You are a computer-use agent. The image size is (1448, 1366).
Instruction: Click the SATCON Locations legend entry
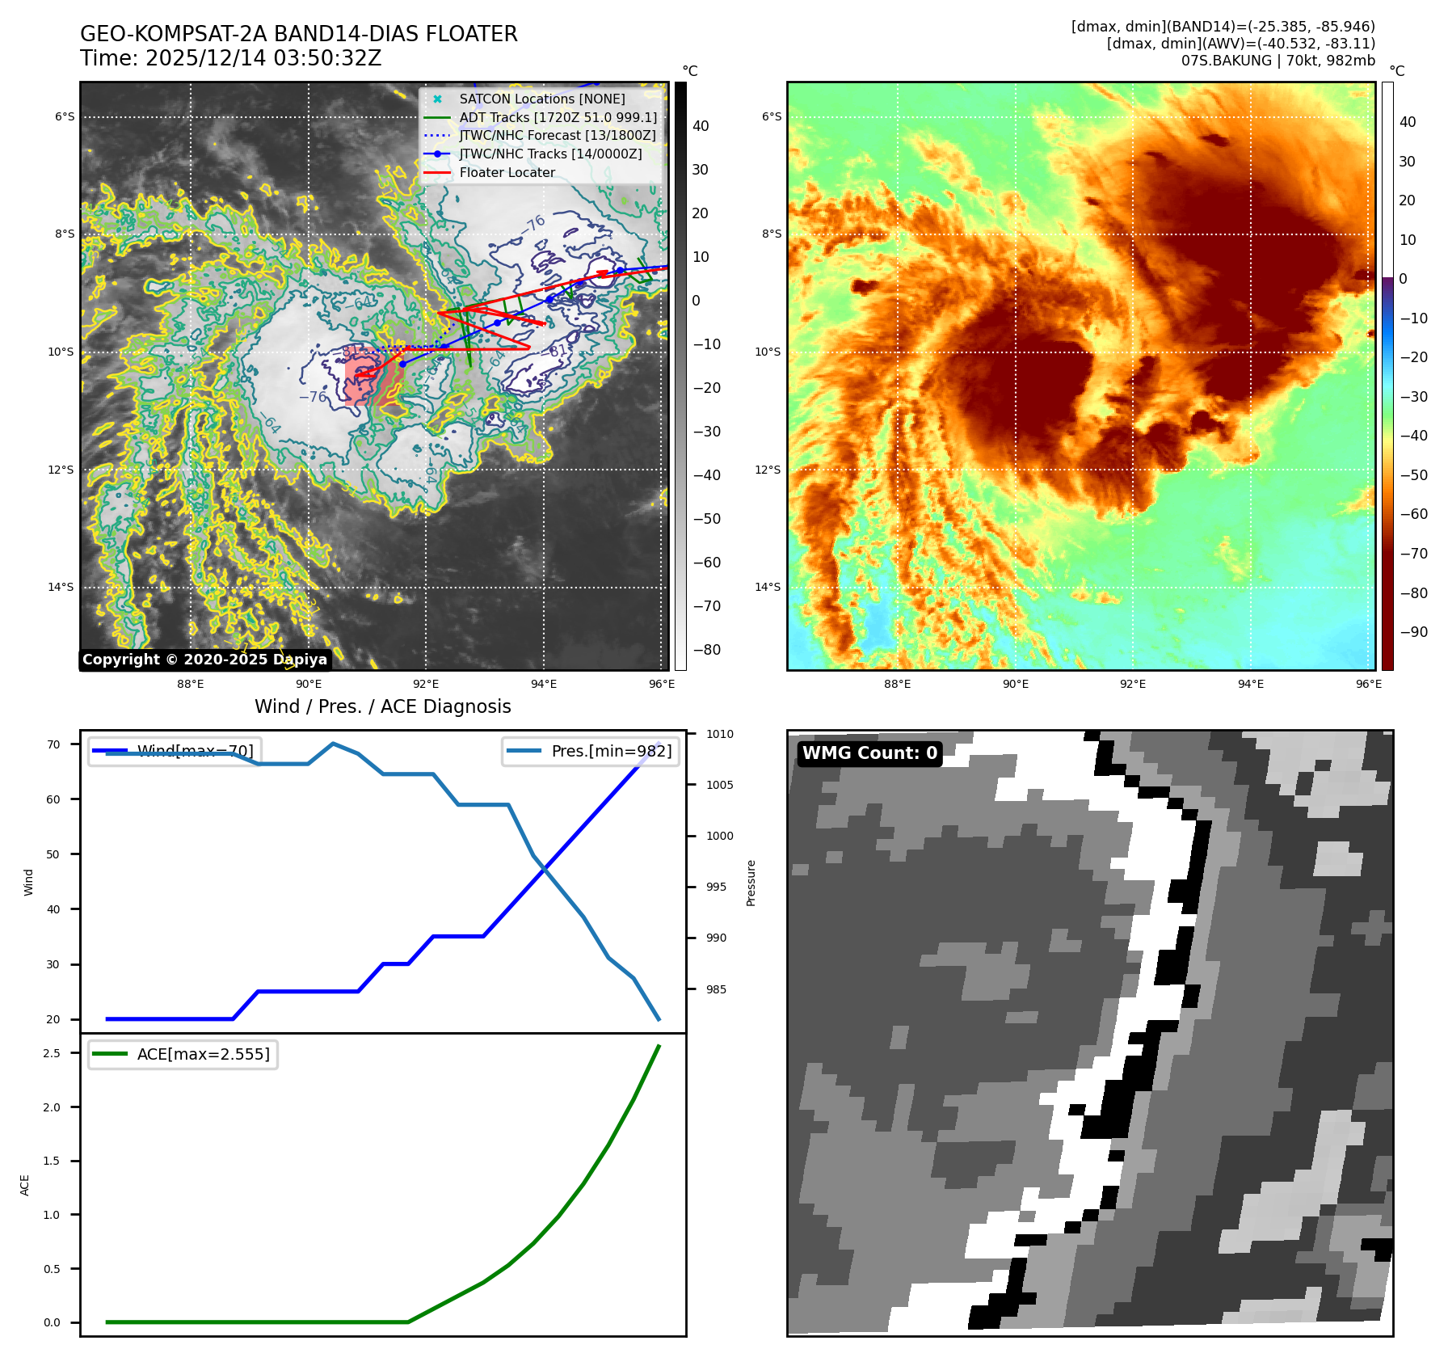(541, 99)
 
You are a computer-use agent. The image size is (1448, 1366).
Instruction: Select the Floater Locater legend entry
(507, 172)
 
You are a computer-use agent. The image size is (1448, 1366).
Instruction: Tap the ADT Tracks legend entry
(558, 117)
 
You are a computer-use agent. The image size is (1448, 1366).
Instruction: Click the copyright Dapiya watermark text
(204, 660)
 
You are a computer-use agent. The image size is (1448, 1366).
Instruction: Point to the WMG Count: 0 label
(869, 753)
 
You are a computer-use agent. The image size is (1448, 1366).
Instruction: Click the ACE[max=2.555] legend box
(183, 1054)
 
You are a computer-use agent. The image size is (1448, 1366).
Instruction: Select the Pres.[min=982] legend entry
(591, 751)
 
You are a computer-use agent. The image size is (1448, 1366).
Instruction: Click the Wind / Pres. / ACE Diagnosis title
(382, 706)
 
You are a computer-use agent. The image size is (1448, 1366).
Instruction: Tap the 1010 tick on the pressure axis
(719, 734)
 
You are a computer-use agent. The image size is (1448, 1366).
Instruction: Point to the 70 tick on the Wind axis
(53, 744)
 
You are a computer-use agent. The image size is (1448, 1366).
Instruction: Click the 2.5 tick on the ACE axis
(52, 1053)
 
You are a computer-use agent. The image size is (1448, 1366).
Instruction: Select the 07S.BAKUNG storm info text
(1278, 61)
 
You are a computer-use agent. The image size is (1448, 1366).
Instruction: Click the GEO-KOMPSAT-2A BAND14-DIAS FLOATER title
(298, 34)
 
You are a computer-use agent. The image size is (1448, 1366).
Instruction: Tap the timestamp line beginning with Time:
(230, 58)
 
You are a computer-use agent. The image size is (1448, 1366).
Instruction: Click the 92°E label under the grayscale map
(426, 684)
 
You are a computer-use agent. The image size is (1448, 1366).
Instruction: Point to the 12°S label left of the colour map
(768, 470)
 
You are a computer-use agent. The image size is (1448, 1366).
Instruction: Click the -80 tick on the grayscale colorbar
(706, 650)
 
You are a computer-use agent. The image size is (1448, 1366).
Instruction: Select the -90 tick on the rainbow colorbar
(1413, 632)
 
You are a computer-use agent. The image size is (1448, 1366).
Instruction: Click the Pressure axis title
(751, 883)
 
